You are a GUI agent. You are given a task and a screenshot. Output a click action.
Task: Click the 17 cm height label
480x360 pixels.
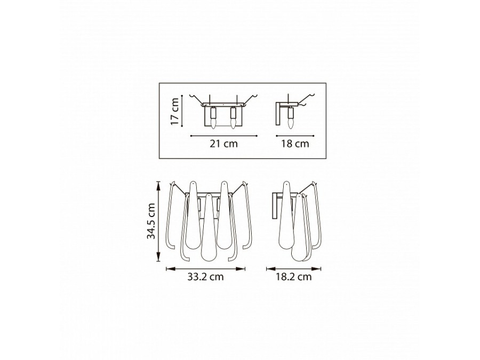tap(174, 111)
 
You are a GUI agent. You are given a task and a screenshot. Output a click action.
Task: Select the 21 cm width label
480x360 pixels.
tap(223, 143)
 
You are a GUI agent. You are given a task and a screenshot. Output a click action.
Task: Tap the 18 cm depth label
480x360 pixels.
tap(295, 143)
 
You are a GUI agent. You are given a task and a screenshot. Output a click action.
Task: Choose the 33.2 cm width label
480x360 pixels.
tap(205, 277)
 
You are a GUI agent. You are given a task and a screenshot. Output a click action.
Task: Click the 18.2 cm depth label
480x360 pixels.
tap(293, 277)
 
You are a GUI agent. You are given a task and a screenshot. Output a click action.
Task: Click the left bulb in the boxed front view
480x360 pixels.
tap(213, 124)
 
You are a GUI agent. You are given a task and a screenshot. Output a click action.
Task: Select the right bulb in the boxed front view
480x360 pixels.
tap(233, 124)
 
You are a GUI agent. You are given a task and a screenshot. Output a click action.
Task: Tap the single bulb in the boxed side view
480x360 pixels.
tap(290, 124)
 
